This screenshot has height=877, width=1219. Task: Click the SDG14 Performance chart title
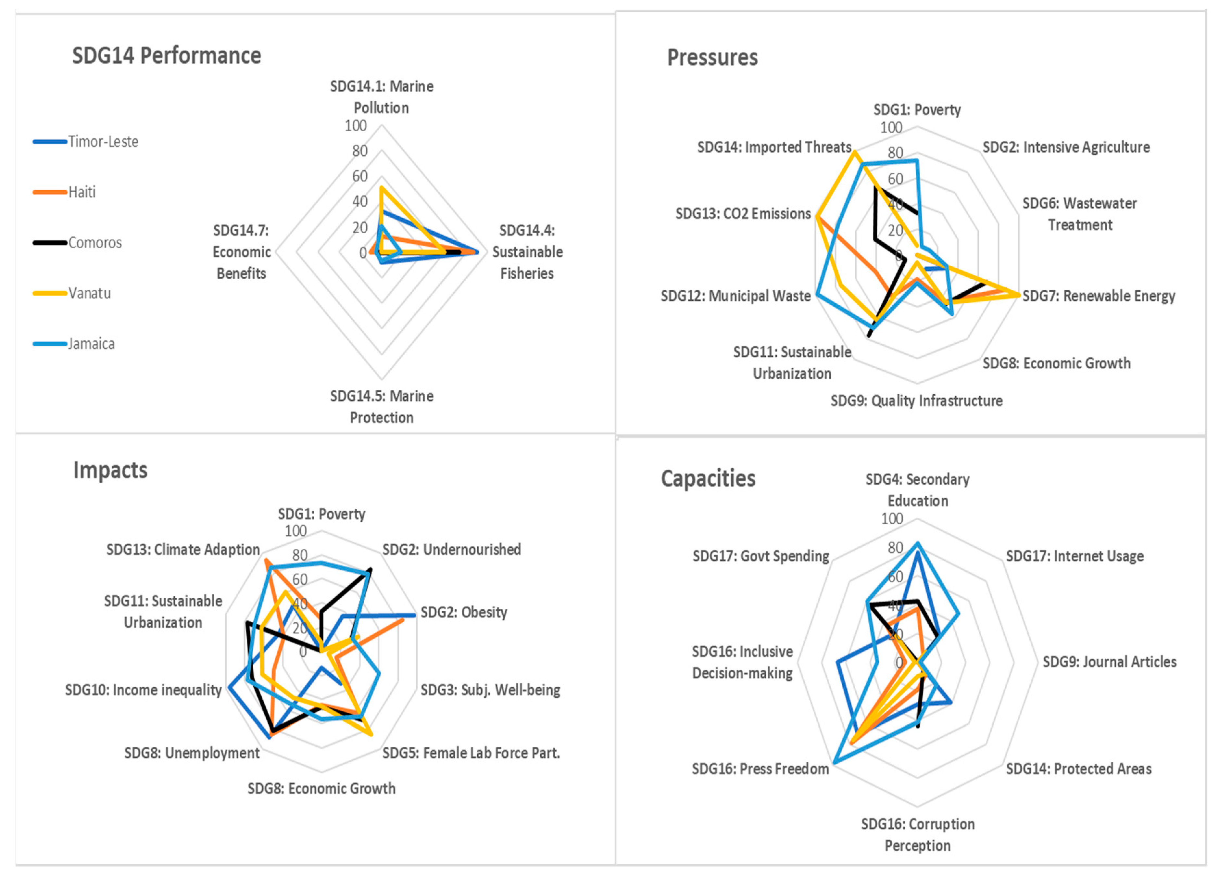click(x=167, y=56)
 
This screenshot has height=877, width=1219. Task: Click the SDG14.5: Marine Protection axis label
click(x=382, y=407)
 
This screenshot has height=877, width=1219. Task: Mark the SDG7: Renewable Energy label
click(x=1098, y=296)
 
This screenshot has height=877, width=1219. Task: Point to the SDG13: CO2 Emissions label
click(x=743, y=213)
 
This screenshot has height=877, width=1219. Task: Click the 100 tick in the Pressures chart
click(x=891, y=127)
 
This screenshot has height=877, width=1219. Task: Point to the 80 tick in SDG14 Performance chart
click(x=359, y=151)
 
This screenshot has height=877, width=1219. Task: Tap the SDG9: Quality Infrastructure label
click(x=916, y=400)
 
